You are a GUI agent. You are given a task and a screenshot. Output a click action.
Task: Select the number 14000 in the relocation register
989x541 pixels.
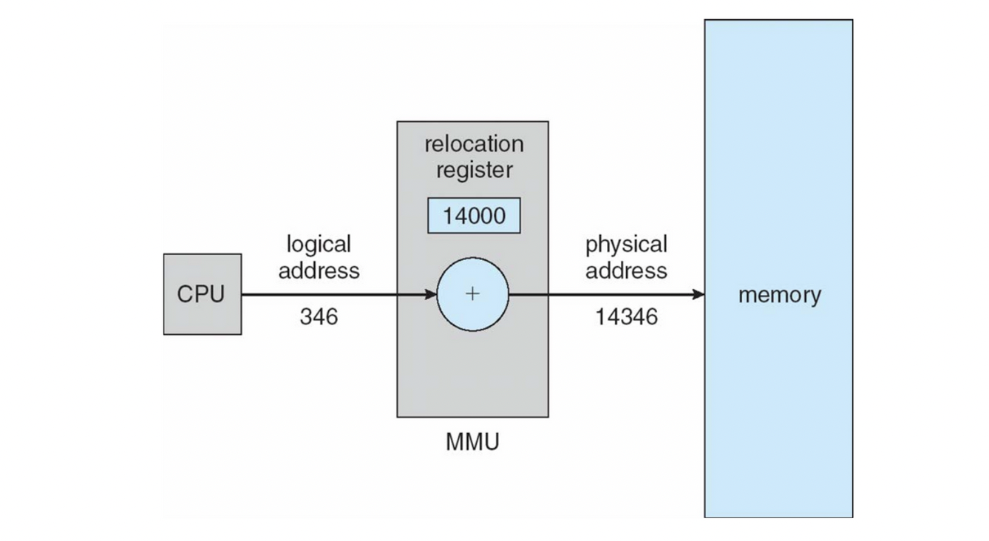(474, 217)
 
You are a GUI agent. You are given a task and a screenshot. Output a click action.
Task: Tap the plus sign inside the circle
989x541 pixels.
(472, 294)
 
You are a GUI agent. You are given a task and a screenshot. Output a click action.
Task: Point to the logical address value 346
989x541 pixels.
(319, 317)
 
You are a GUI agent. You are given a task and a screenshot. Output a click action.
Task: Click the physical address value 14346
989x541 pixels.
(626, 317)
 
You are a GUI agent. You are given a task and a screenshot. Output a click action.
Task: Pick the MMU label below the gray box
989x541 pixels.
(472, 443)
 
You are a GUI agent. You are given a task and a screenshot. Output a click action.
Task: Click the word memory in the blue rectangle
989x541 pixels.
(779, 295)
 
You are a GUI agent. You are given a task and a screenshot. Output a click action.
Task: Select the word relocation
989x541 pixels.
(474, 143)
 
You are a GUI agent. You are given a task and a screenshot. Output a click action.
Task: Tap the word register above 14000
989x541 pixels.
(474, 170)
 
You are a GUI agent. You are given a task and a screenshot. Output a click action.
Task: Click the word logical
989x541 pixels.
(319, 244)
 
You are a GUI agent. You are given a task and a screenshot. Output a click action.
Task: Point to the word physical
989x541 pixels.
(626, 244)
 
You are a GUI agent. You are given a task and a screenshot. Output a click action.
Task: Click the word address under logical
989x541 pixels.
(319, 270)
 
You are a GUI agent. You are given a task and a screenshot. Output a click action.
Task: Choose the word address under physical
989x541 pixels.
(626, 270)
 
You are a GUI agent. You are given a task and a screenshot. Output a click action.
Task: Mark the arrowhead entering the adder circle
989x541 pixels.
(430, 295)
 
